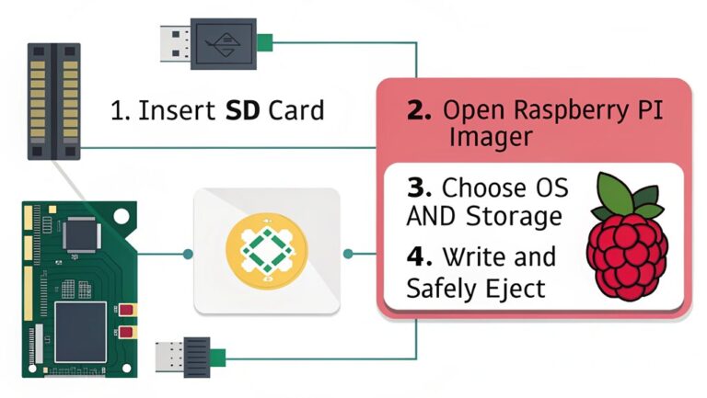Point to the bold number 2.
(x=419, y=111)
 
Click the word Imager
(x=491, y=138)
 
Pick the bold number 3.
(x=419, y=188)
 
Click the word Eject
(x=514, y=289)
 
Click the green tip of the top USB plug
(x=266, y=41)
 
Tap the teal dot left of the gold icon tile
(x=188, y=253)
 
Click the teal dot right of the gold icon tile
(x=347, y=253)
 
